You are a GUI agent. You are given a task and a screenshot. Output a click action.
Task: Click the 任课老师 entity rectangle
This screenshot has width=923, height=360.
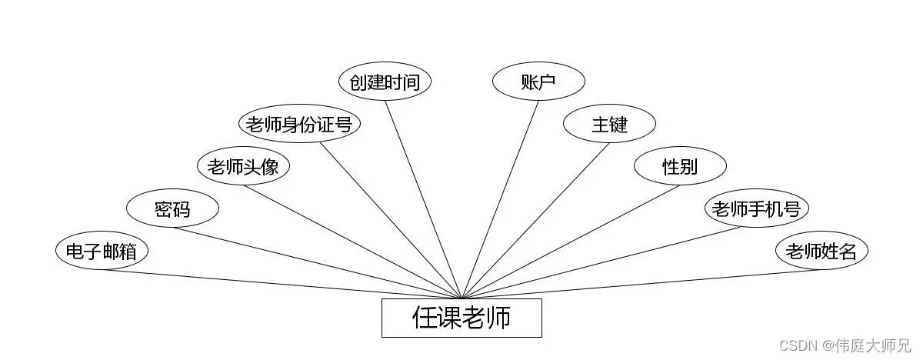[461, 318]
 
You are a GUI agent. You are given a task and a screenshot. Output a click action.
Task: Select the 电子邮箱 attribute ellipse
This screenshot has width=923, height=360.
[102, 252]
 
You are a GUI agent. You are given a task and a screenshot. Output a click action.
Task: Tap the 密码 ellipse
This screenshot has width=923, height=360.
[172, 208]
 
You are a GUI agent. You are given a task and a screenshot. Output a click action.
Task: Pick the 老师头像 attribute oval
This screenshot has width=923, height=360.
[243, 166]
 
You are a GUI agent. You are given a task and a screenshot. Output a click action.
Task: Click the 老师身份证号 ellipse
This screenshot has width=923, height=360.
[300, 124]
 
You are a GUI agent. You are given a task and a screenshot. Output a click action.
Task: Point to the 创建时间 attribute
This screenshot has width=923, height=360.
[385, 82]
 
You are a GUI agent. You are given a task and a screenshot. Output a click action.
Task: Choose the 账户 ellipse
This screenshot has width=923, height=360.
[538, 82]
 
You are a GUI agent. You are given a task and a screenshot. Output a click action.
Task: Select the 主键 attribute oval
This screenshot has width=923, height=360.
[609, 124]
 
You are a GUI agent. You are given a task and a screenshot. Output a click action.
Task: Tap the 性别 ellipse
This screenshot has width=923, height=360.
[680, 166]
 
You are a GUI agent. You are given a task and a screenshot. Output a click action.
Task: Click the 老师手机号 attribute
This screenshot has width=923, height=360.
[757, 208]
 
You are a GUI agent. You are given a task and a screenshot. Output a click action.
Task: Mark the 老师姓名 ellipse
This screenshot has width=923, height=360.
[821, 252]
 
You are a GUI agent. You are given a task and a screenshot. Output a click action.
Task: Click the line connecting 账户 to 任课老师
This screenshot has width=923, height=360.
[500, 199]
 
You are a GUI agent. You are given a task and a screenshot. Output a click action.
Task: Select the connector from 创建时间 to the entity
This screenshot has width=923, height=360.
[423, 199]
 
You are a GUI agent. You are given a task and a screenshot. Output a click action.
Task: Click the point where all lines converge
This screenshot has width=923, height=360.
[461, 298]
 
